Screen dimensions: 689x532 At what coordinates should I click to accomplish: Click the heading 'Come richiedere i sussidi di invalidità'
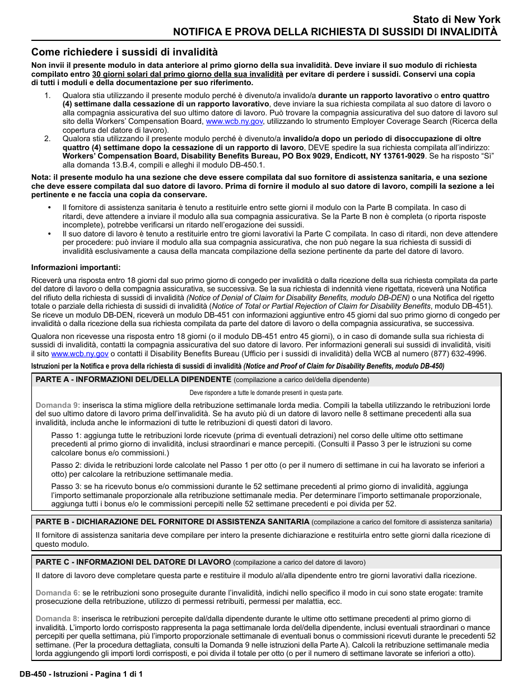(x=124, y=52)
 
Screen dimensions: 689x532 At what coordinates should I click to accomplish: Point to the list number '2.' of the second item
(x=48, y=139)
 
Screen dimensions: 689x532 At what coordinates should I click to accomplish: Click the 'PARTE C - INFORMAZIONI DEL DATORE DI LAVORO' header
(x=133, y=562)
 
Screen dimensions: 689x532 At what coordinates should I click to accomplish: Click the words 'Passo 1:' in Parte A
(x=66, y=435)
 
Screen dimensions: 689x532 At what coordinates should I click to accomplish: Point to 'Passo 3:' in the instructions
(x=66, y=486)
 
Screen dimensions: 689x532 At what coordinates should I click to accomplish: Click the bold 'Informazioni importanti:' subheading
(x=76, y=267)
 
